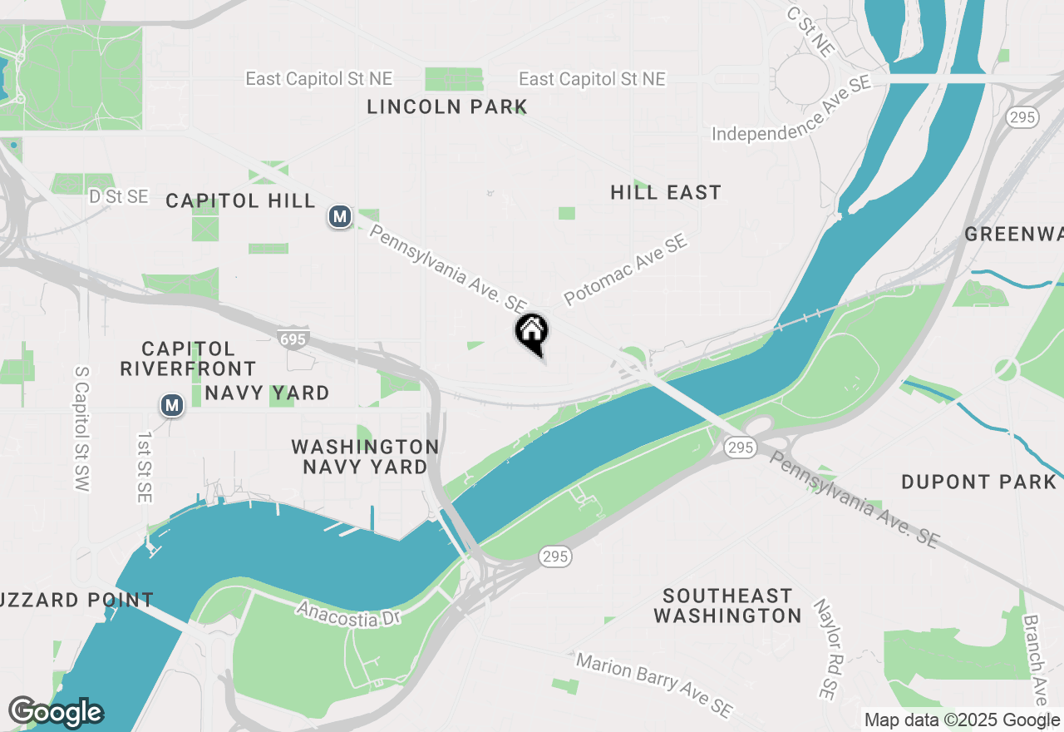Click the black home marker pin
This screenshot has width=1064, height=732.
(532, 332)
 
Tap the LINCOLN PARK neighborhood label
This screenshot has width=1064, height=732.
(447, 106)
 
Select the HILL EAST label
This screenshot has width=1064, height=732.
(665, 192)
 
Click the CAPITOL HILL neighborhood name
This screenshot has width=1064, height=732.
(240, 200)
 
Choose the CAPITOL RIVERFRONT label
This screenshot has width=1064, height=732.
(188, 358)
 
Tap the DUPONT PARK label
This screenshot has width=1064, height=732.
(978, 482)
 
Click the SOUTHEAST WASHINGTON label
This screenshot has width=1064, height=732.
(727, 606)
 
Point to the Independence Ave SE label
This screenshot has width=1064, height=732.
(791, 109)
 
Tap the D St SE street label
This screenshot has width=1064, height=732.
(119, 196)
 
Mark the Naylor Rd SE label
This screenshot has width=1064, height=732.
(828, 649)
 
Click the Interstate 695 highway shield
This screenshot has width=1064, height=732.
(293, 339)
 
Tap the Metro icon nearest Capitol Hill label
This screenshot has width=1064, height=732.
(338, 217)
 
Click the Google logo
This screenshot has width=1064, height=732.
(56, 712)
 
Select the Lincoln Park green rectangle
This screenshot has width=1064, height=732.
(454, 79)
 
